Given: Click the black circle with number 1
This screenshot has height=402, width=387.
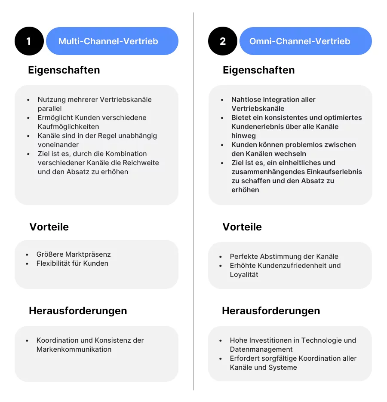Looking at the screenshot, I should (29, 41).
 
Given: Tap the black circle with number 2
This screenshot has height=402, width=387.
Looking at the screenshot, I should (222, 41).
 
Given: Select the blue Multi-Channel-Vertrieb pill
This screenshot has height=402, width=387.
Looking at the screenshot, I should (112, 41).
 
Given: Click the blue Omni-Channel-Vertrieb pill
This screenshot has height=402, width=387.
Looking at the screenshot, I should (305, 41).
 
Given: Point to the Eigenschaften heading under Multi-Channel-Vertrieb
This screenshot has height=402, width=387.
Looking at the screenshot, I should (64, 70).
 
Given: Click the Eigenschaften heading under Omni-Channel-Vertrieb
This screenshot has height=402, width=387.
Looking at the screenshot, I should (258, 70).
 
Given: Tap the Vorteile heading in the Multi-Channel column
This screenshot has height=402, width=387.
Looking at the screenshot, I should (49, 227).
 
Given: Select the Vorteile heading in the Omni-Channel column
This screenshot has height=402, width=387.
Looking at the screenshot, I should (242, 227).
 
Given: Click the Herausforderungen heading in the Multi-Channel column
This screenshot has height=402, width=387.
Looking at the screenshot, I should (78, 311).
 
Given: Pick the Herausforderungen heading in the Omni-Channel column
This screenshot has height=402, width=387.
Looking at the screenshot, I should (271, 311).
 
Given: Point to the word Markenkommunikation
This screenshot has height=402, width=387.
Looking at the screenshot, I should (74, 350).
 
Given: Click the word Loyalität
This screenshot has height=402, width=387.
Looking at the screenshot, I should (244, 275).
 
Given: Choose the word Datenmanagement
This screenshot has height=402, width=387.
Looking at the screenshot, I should (261, 350).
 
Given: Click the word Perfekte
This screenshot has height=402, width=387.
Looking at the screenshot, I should (244, 257).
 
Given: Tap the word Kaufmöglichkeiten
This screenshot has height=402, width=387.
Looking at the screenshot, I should (68, 127).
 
